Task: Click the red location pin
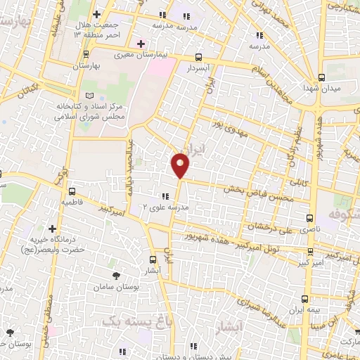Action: pos(181,165)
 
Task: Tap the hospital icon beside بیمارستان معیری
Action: pos(141,44)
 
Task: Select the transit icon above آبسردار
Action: pos(199,58)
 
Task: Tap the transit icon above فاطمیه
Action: pos(72,191)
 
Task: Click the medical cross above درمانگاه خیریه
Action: pos(52,229)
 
